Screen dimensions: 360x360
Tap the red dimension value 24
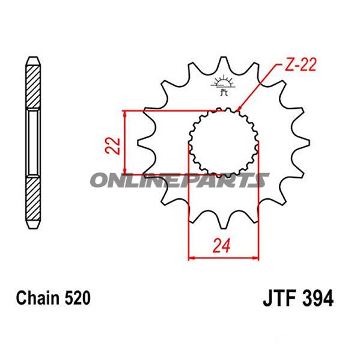point(224,245)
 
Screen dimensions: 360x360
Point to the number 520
point(76,297)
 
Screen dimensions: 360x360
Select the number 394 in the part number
point(318,298)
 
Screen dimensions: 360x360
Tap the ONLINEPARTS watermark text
point(180,180)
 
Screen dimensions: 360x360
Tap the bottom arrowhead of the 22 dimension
point(124,170)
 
